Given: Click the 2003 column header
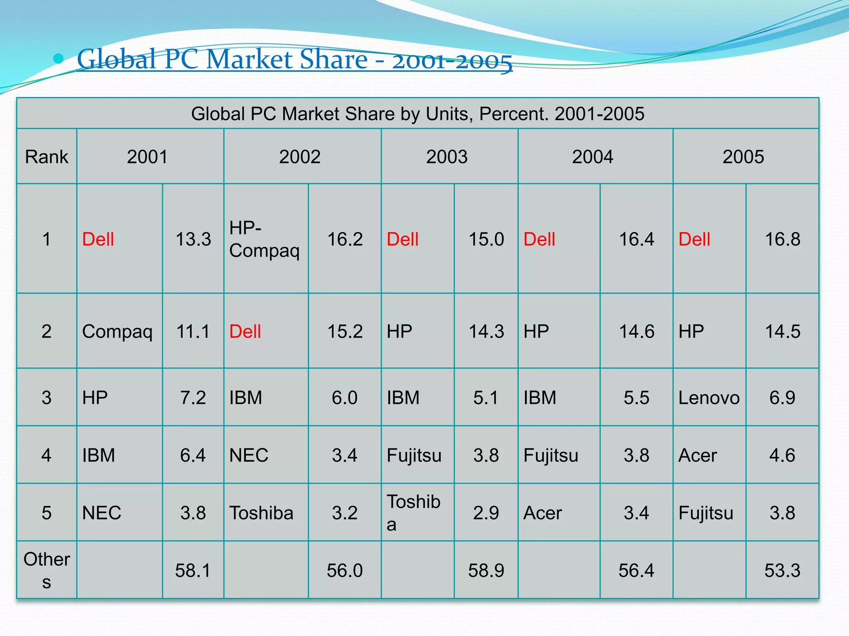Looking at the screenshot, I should coord(446,157).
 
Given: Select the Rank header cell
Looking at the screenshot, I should coord(46,157).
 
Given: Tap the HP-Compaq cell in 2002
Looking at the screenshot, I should coord(264,239).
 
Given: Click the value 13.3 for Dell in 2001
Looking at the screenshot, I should coord(193,239).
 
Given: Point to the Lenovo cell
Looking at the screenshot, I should coord(708,398).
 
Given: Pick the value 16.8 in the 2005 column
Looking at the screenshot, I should coord(782,239).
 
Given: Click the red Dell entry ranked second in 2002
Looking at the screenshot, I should coord(245,332).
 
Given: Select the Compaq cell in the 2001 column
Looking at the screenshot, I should coord(117,332).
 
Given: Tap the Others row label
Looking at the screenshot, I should coord(46,570).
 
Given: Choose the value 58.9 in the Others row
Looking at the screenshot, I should coord(486,571).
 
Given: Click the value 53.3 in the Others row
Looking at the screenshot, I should coord(782,571).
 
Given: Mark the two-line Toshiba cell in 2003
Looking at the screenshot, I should coord(413,513).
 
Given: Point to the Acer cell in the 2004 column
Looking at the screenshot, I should coord(543,513).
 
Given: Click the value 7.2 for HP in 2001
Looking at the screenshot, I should coord(193,398).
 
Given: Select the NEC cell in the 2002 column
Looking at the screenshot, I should coord(249,455).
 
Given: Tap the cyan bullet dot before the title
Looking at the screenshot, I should coord(58,59).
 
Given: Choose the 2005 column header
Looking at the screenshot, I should coord(743,157).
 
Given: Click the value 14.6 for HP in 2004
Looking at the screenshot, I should coord(636,332).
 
